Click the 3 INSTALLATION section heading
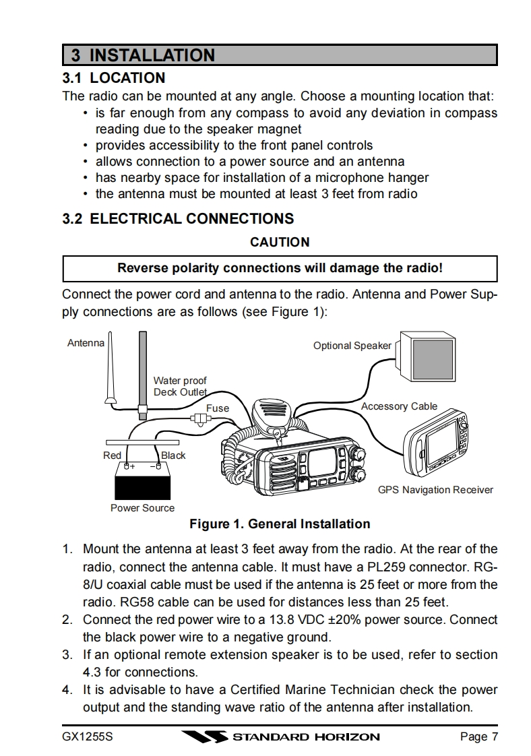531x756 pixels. [x=143, y=55]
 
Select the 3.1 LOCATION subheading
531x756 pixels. [x=113, y=77]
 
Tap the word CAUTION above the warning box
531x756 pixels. [x=280, y=242]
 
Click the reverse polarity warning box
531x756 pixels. [x=280, y=267]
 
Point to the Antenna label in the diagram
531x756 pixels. [x=86, y=343]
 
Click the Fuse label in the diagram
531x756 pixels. [x=217, y=408]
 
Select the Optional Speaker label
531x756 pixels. [x=352, y=346]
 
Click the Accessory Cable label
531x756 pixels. [x=399, y=406]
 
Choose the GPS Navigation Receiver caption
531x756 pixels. [x=435, y=490]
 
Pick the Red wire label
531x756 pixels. [x=112, y=455]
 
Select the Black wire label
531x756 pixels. [x=173, y=455]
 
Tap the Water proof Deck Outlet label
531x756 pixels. [x=180, y=386]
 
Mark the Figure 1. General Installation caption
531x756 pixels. [x=280, y=524]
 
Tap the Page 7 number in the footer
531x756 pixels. [x=478, y=736]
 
